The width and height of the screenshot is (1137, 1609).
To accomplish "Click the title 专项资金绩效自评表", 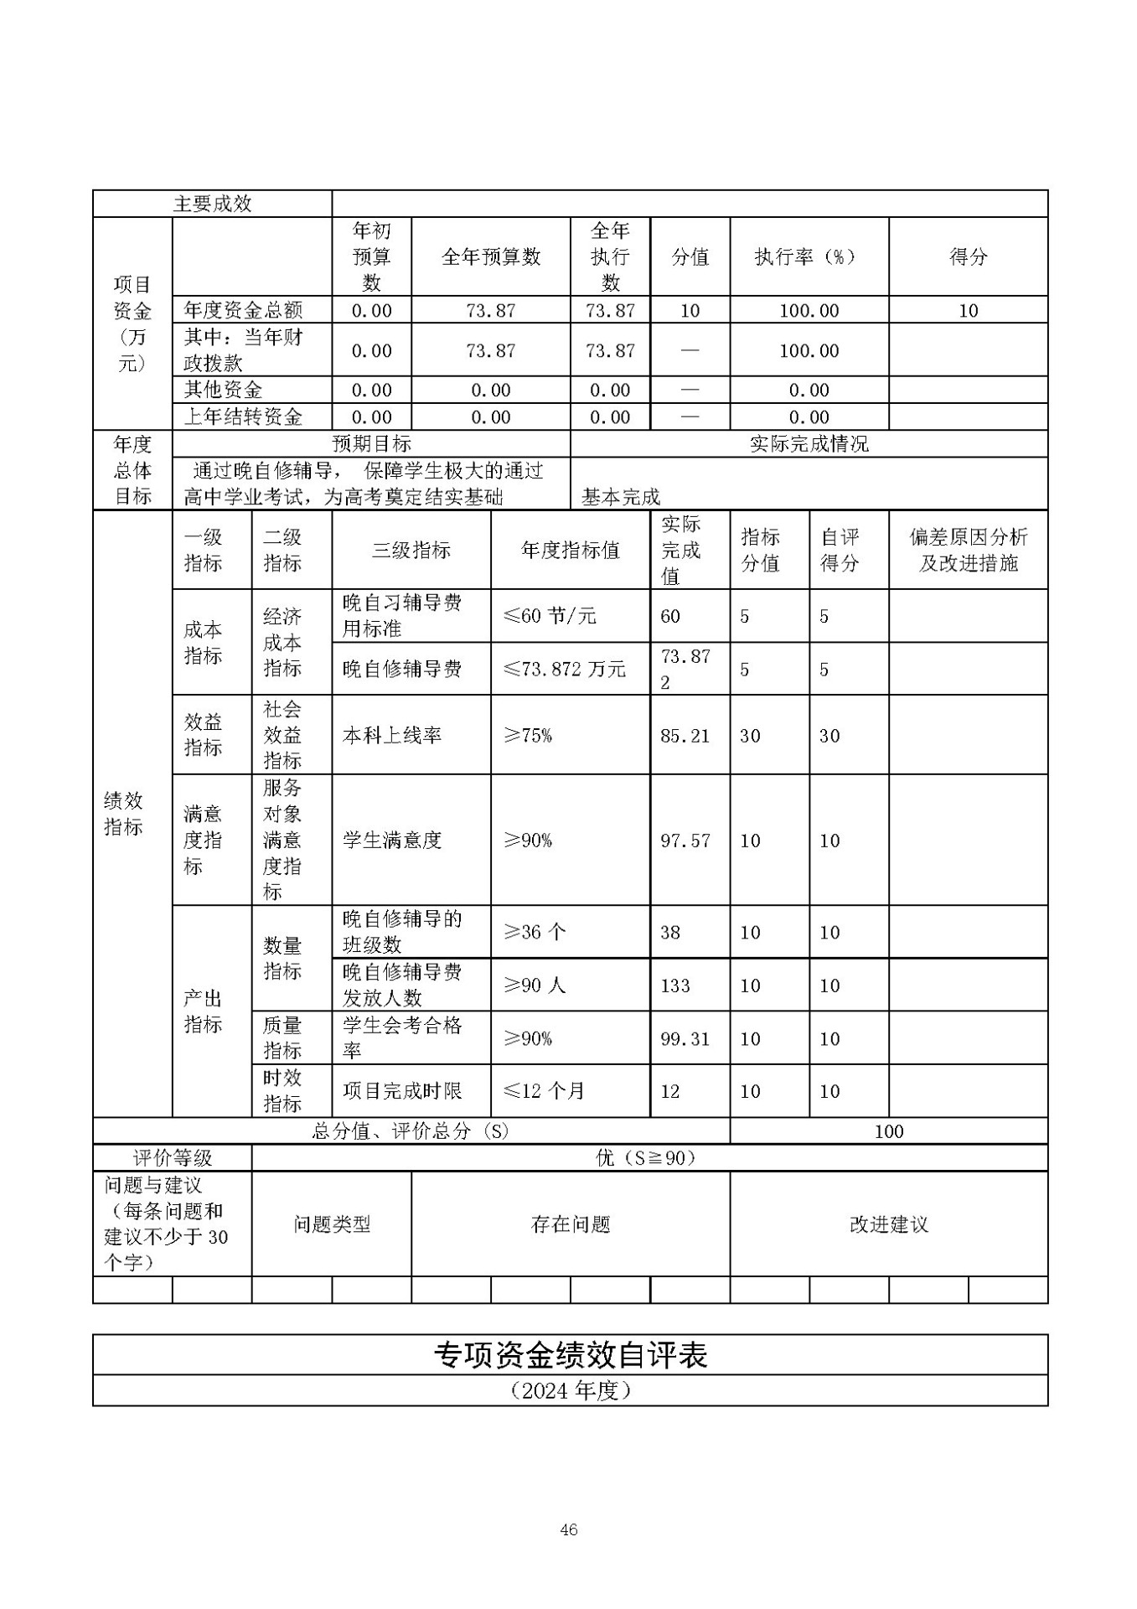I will coord(570,1355).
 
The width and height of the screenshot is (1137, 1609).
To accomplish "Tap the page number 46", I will coord(568,1529).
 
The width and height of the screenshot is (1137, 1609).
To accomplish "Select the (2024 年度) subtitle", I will coord(570,1391).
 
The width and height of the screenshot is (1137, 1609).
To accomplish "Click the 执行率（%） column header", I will coord(809,257).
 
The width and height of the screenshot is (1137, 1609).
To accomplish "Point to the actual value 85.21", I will coord(685,736).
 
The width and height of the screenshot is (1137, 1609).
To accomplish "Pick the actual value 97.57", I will coord(685,841).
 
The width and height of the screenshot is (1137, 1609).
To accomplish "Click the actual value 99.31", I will coord(685,1039).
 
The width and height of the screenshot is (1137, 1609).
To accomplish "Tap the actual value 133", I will coord(675,986).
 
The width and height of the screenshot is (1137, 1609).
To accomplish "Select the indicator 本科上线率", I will coord(392,736).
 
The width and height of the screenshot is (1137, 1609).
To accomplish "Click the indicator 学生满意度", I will coord(392,841).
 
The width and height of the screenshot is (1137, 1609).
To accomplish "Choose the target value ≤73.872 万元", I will coord(564,669).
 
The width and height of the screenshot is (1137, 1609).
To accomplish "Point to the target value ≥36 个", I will coord(535,932).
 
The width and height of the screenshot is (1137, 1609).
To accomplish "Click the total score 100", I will coord(888,1131).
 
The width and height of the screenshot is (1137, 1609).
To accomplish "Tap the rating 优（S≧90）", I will coord(646,1158).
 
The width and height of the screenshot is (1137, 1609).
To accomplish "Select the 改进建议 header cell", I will coord(888,1224).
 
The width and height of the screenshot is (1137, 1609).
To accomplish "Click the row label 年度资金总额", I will coord(243,310).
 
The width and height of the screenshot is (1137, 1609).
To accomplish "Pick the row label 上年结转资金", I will coord(243,416).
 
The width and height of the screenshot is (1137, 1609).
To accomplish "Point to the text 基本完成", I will coord(621,497).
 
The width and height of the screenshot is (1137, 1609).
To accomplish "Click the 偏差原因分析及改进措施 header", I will coord(968,550).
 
